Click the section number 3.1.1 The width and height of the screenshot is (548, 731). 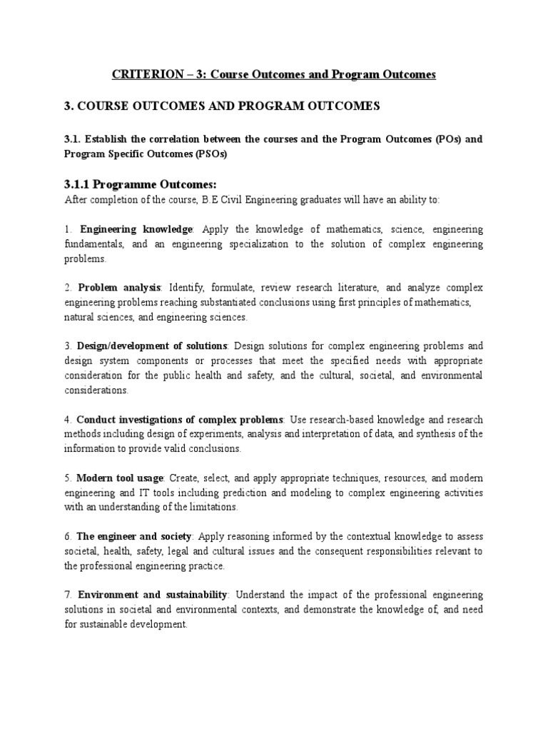78,185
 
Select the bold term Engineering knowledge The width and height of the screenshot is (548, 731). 136,230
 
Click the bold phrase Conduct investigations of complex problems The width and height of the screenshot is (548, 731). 180,419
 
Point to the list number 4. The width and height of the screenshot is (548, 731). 67,419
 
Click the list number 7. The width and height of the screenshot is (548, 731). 67,594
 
